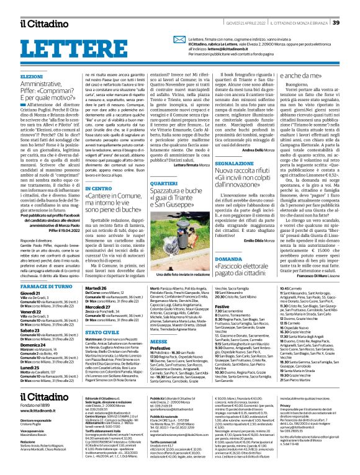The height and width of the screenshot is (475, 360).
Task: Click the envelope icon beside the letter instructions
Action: tap(179, 39)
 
